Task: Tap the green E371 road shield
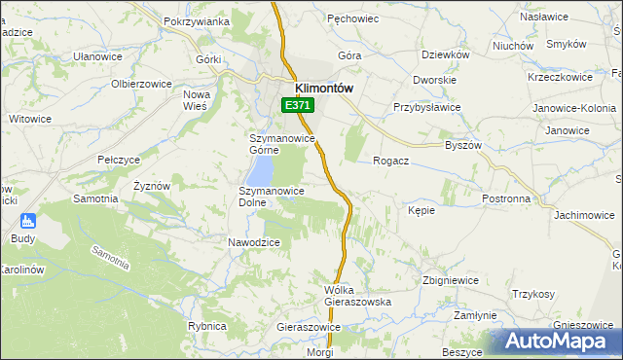298,105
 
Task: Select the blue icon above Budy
26,221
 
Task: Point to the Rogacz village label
390,162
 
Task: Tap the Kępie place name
421,209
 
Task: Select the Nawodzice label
254,242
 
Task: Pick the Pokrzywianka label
197,21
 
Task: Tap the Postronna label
507,198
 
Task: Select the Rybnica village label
206,326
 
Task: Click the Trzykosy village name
533,294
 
